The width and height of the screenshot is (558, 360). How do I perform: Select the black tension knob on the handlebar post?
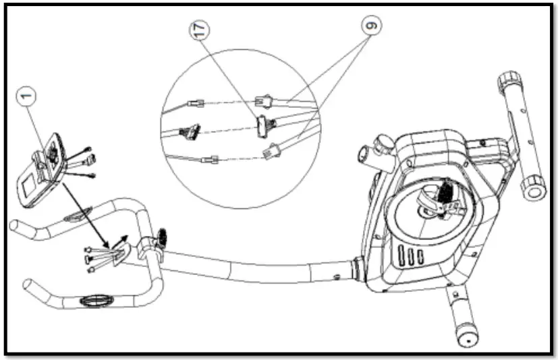162,237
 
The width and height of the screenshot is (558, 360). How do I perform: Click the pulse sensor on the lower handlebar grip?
93,297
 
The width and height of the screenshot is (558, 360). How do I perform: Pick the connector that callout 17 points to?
262,124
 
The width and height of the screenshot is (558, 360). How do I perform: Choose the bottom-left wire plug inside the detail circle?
211,160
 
